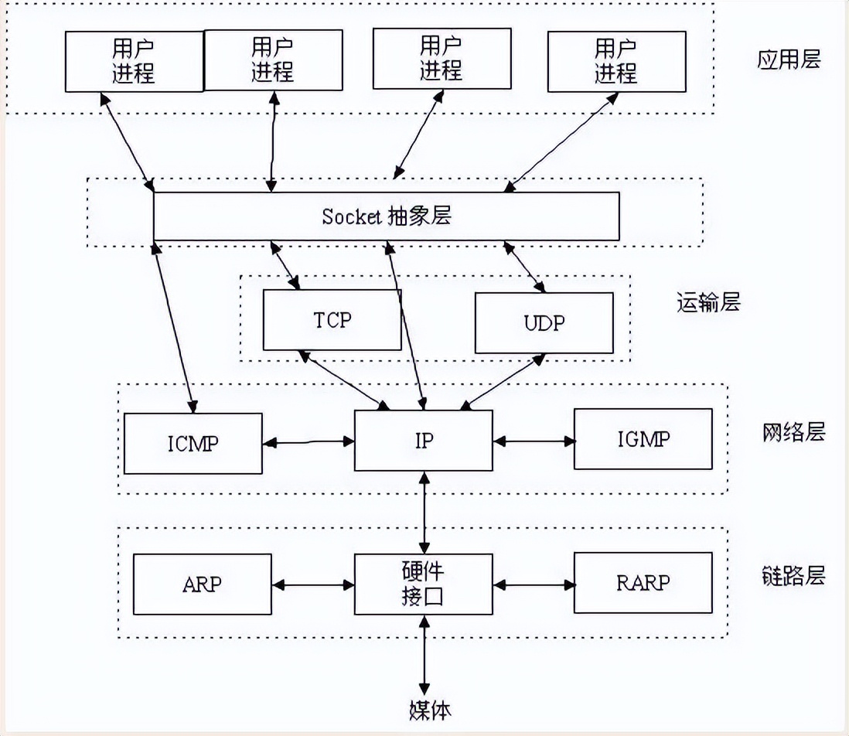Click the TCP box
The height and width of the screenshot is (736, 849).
coord(332,320)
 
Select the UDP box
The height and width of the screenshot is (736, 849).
coord(544,323)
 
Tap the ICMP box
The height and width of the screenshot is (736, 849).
coord(193,442)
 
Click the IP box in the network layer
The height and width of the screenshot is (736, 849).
coord(423,441)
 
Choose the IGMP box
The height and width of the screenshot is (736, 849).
coord(643,439)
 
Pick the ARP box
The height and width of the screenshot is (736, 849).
coord(203,584)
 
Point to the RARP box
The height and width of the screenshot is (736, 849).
coord(643,582)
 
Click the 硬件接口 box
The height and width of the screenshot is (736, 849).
coord(423,584)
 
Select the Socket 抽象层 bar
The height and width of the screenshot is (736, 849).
coord(386,216)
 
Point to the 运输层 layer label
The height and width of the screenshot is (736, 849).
coord(707,302)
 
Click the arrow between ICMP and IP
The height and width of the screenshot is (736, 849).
coord(308,443)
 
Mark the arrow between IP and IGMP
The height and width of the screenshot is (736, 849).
coord(534,441)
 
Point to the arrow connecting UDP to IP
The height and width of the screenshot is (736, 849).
coord(503,380)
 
